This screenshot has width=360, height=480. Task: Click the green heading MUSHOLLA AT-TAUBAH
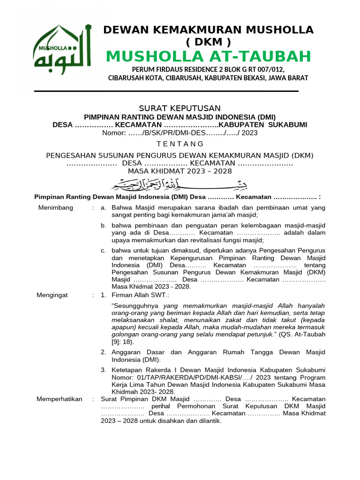208,57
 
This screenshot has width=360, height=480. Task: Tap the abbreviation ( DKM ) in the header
208,42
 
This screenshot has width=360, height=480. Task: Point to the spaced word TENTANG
180,144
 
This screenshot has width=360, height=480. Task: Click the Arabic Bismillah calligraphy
180,182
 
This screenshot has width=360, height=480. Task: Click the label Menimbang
55,208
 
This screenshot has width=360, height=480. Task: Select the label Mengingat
52,295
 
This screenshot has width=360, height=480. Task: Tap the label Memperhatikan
60,399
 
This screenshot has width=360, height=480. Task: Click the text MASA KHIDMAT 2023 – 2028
180,171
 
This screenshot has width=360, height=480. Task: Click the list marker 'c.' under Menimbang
104,250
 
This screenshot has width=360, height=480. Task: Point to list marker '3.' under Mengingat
104,370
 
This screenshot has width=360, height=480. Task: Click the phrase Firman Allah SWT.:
140,295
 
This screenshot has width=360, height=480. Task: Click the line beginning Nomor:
180,133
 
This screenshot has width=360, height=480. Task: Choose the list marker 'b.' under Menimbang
104,225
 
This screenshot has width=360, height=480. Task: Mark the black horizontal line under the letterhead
166,91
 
